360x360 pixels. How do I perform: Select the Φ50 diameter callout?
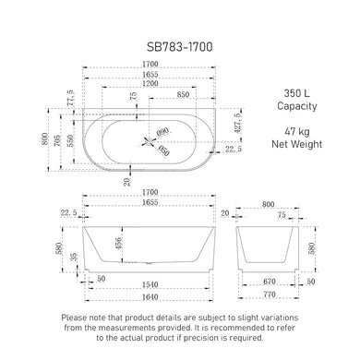[x=163, y=150]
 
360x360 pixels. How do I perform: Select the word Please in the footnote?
[x=77, y=318]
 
